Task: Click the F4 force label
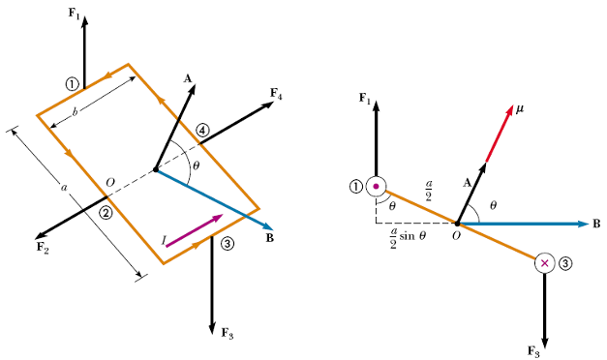[276, 94]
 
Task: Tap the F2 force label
[43, 248]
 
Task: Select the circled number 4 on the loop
[202, 131]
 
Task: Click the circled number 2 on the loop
[106, 212]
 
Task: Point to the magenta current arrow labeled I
[195, 230]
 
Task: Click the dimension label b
[76, 112]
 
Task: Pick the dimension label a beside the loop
[64, 188]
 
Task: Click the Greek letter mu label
[519, 109]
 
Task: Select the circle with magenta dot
[376, 187]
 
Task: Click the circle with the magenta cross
[545, 263]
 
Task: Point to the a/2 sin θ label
[408, 237]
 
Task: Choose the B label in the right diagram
[596, 224]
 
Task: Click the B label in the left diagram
[270, 238]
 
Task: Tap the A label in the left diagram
[188, 79]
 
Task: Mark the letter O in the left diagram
[110, 182]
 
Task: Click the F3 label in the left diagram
[228, 333]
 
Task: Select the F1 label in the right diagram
[365, 99]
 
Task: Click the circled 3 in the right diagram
[564, 263]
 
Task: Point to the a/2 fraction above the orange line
[428, 191]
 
